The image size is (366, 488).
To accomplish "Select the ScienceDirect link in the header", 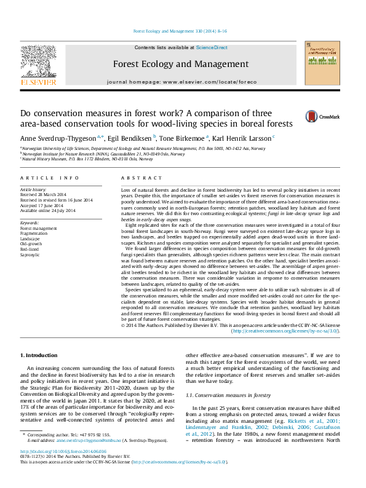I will (x=212, y=47).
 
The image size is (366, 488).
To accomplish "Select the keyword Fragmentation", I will (x=35, y=233).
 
